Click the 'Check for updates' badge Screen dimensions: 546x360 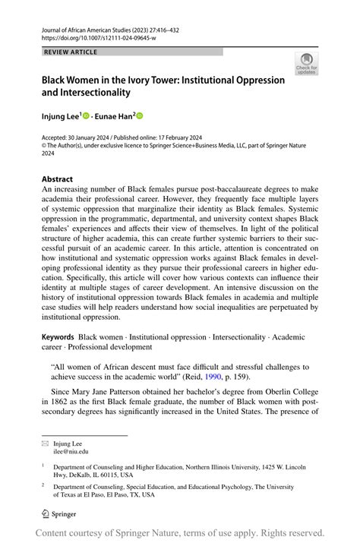pos(307,64)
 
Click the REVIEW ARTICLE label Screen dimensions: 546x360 pos(70,52)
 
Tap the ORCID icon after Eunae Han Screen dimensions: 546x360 pos(140,115)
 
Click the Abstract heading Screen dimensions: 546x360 pos(57,179)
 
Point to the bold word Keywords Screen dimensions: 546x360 pos(58,336)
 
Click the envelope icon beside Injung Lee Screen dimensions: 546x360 pos(46,443)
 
